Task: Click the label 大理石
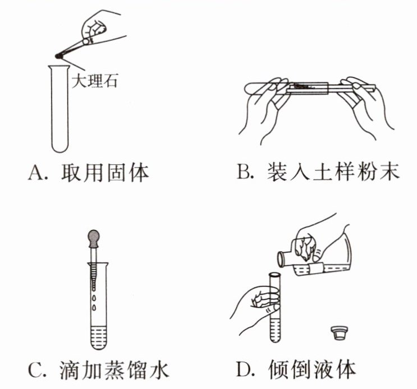(94, 81)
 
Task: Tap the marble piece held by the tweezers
(58, 56)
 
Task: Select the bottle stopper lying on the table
(338, 333)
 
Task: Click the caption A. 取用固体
(89, 173)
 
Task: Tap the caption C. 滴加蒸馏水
(99, 369)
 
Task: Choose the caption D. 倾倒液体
(296, 369)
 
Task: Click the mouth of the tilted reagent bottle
(281, 259)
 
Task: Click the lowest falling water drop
(94, 308)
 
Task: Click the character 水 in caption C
(158, 369)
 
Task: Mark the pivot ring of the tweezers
(86, 41)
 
